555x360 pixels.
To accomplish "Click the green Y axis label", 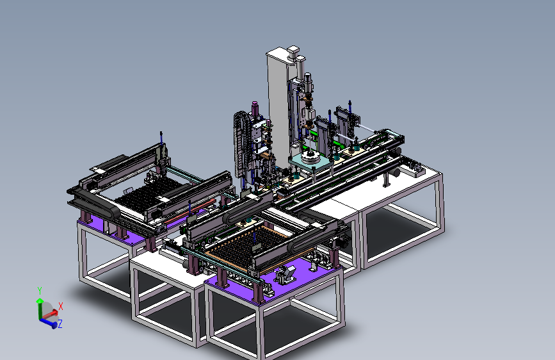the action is (40, 291).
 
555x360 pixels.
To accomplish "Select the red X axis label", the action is (61, 306).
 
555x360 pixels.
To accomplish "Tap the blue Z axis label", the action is (60, 324).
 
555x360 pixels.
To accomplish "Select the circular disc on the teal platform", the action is (310, 157).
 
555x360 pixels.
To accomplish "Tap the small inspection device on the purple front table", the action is (286, 274).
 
